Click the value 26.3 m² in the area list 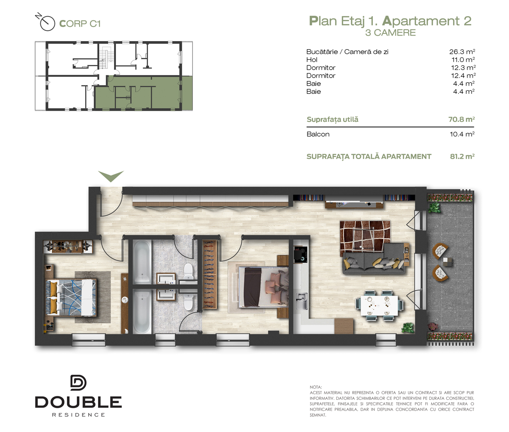[x=462, y=52]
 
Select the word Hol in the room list [x=312, y=60]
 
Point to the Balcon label [x=318, y=134]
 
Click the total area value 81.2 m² [x=462, y=157]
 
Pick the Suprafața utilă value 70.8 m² [x=461, y=120]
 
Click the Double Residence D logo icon [x=78, y=383]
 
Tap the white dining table [x=379, y=306]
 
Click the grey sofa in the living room [x=374, y=261]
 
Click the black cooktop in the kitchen [x=301, y=255]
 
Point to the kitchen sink [x=302, y=301]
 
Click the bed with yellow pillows [x=71, y=297]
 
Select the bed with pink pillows [x=263, y=287]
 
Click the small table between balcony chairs [x=447, y=262]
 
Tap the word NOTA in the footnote [x=316, y=387]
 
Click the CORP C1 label [x=80, y=24]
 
